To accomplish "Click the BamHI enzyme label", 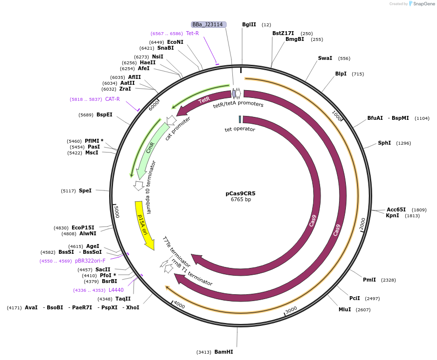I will coord(224,352).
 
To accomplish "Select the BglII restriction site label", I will coord(249,24).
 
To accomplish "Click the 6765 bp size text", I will coord(241,200).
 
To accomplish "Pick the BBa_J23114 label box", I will coord(208,24).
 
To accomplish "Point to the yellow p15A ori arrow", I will coord(143,224).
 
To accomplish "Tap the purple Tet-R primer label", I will coord(192,33).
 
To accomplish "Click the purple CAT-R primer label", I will coord(113,99).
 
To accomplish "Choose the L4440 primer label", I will coord(116,290).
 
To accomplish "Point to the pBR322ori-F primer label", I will coord(90,261).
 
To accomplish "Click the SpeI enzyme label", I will coord(85,190).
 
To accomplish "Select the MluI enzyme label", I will coord(344,309).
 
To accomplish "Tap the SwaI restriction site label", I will coord(325,58).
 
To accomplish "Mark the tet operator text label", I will coord(240,129).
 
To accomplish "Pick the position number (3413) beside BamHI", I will coord(204,352).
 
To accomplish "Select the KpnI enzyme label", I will coord(392,215).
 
